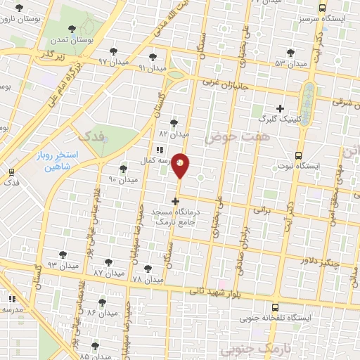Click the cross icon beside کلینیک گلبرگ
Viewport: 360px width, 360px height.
280,108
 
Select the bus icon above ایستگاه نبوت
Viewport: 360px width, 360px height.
298,155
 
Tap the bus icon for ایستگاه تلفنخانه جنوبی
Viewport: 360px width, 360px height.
274,307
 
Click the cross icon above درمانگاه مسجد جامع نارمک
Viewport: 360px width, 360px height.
175,201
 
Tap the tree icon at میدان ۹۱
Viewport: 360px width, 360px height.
153,57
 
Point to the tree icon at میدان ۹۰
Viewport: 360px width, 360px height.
124,169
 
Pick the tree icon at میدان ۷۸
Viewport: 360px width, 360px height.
148,269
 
